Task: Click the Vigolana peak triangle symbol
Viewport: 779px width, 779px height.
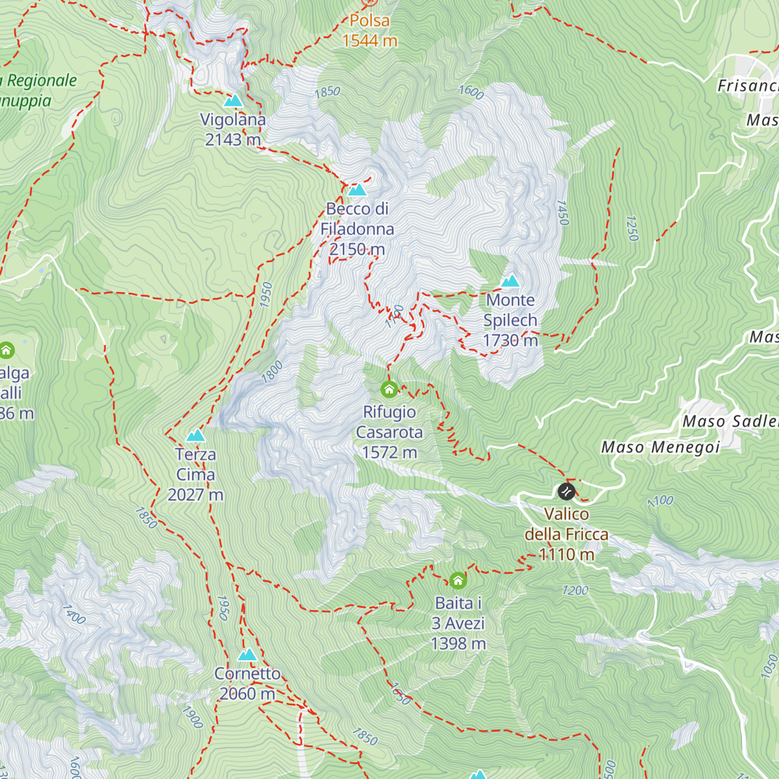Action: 232,101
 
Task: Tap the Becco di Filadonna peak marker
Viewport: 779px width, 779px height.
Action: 357,190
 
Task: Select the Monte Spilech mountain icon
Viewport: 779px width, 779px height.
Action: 510,281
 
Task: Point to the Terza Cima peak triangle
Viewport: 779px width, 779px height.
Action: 195,436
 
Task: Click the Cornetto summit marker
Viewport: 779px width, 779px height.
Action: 247,655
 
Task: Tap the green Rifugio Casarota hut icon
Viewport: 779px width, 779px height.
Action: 389,389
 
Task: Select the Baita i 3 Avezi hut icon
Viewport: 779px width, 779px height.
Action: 458,580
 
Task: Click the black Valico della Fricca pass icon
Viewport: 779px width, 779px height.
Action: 566,491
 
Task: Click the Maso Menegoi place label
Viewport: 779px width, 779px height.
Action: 660,447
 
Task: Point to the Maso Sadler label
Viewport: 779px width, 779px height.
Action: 730,421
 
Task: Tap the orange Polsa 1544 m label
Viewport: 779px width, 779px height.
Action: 369,31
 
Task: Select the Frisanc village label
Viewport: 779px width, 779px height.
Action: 747,86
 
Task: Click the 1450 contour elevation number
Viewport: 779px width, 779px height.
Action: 563,213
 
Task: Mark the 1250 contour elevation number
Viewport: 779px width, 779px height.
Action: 632,229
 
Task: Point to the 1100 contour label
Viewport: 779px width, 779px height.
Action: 660,501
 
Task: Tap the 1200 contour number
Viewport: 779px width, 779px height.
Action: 575,590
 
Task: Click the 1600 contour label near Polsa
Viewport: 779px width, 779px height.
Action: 471,92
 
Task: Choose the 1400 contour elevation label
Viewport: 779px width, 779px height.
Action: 74,615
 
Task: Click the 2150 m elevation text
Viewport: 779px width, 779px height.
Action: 357,249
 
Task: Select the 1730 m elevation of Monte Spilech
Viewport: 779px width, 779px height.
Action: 510,340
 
